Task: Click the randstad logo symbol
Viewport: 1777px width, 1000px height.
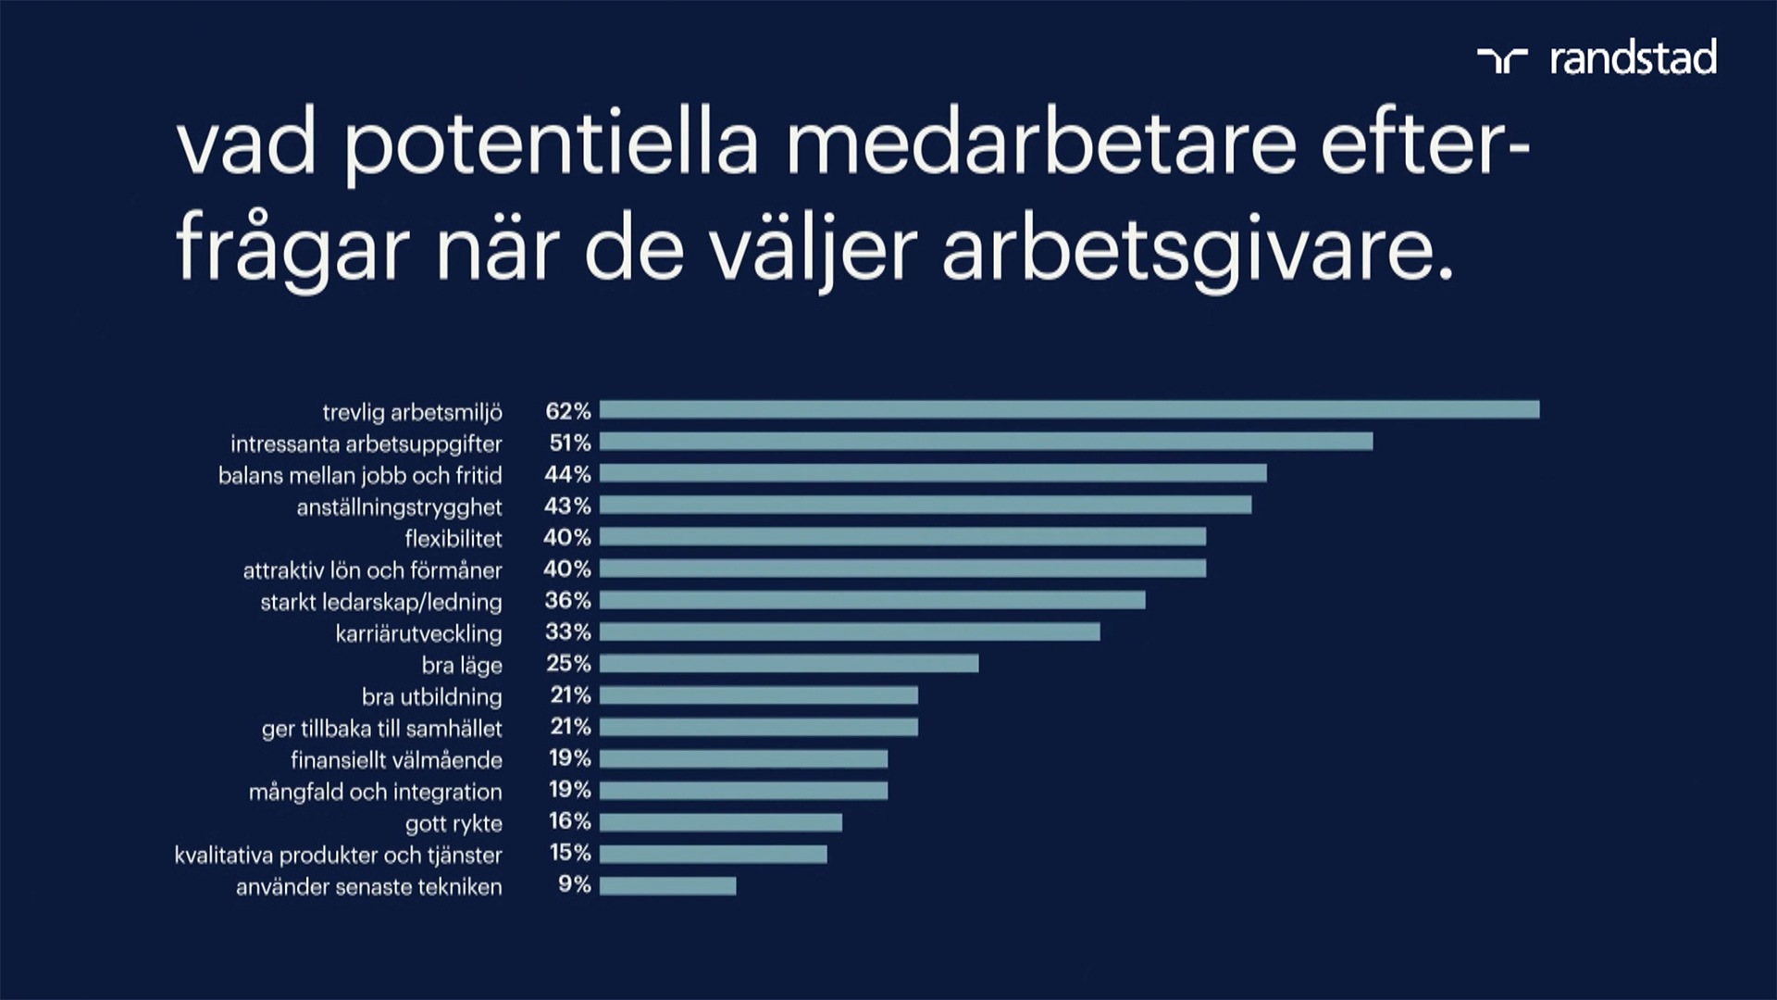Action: click(1502, 60)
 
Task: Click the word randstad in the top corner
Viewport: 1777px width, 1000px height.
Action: click(1634, 58)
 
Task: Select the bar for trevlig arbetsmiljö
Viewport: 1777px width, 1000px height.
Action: click(1069, 409)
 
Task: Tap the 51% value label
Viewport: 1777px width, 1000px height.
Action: click(569, 443)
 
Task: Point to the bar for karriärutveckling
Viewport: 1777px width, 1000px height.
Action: click(850, 631)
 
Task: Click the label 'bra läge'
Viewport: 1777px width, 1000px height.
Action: click(462, 665)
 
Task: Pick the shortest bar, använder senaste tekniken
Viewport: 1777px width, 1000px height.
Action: click(667, 885)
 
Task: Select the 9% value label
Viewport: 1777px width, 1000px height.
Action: click(574, 884)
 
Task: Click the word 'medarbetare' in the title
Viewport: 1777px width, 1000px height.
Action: click(1041, 145)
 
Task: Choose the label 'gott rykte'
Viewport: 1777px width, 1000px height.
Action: click(454, 823)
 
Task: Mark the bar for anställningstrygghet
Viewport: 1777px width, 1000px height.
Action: click(926, 505)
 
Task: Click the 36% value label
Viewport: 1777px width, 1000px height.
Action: click(567, 600)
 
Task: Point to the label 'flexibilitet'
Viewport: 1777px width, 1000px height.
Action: click(454, 539)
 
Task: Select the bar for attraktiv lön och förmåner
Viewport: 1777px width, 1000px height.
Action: click(902, 568)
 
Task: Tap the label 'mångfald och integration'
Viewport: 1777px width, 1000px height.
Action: click(375, 792)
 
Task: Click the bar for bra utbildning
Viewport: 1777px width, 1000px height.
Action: click(759, 695)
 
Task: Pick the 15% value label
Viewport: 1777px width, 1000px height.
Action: click(569, 853)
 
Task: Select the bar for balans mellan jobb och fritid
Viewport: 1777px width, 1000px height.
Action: click(933, 473)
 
